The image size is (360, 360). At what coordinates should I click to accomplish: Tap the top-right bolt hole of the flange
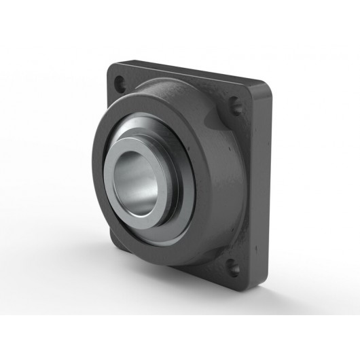tap(236, 105)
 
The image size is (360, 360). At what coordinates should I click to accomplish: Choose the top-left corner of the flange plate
tap(111, 65)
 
